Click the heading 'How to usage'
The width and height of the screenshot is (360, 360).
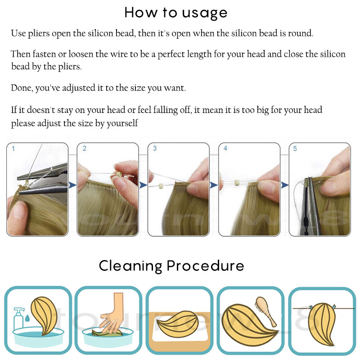pos(176,13)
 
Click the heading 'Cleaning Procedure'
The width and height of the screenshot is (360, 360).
pos(171,266)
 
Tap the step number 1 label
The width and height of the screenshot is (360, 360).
pos(13,149)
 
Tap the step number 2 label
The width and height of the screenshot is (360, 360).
pos(85,148)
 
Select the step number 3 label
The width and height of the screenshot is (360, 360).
pos(155,148)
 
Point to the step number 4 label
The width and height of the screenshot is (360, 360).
pos(225,148)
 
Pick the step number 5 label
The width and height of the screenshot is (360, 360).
pos(295,149)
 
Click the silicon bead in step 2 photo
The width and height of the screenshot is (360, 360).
pos(119,174)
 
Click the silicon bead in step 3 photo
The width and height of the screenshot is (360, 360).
pos(161,185)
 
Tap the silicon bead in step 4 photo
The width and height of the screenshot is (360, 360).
pos(237,183)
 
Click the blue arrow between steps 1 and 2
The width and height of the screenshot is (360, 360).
pos(72,185)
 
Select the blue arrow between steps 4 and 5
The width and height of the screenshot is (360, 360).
pos(284,185)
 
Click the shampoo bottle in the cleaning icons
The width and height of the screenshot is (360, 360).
pos(19,319)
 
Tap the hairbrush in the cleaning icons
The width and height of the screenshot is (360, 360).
pos(265,311)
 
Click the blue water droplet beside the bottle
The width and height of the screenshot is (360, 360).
pos(27,318)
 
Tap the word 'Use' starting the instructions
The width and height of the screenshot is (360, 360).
pos(18,33)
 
